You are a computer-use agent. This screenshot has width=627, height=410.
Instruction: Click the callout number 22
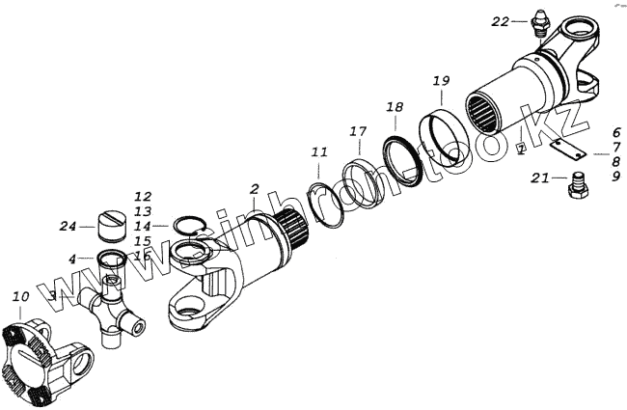pos(500,20)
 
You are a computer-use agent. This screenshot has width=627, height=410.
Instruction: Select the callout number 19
pos(441,78)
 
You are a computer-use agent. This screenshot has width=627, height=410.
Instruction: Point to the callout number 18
pos(395,106)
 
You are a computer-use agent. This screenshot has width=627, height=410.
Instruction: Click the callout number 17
pos(358,130)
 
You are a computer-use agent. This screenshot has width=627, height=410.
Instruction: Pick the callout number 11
pos(319,151)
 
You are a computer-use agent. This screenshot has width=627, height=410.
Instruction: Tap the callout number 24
pos(67,227)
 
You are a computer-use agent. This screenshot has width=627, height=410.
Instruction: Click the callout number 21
pos(540,178)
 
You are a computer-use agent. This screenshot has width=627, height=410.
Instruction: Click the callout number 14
pos(143,226)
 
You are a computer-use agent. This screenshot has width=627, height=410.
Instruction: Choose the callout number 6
pos(615,131)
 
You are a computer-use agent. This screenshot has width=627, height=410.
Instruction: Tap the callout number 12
pos(143,197)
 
